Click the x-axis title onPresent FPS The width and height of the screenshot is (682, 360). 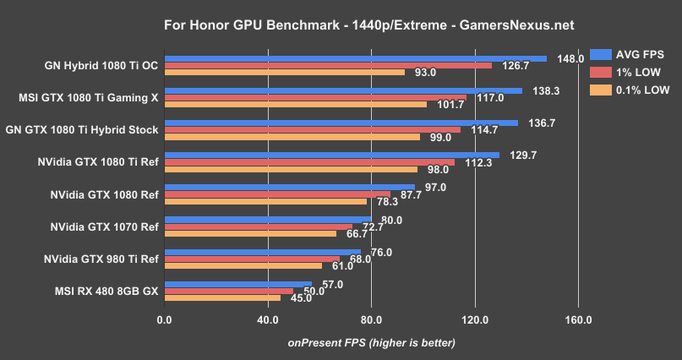[x=371, y=342]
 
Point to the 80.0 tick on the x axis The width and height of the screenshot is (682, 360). [x=372, y=320]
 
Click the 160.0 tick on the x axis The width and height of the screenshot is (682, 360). [x=579, y=320]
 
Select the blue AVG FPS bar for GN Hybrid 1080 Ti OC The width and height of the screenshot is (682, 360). [x=356, y=59]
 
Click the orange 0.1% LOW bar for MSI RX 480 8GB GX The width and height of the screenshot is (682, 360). [x=223, y=297]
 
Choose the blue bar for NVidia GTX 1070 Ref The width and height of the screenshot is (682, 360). [x=269, y=219]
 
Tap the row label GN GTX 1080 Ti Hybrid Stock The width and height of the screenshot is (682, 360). [x=82, y=130]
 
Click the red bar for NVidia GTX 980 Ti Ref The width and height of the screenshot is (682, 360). [x=253, y=259]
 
